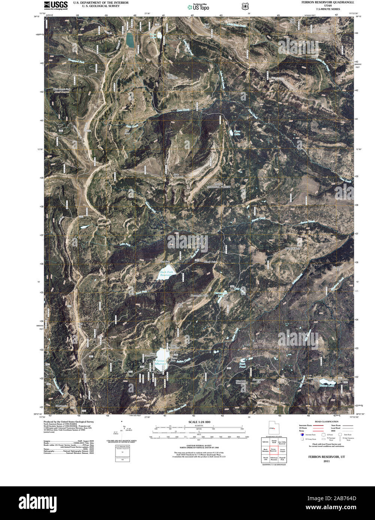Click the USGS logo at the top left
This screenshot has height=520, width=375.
(56, 5)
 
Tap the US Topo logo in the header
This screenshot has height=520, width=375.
(199, 6)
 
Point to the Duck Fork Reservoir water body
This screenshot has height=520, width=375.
(165, 275)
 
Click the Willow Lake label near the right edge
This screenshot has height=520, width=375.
(327, 385)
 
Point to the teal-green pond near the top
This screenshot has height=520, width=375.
(130, 40)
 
